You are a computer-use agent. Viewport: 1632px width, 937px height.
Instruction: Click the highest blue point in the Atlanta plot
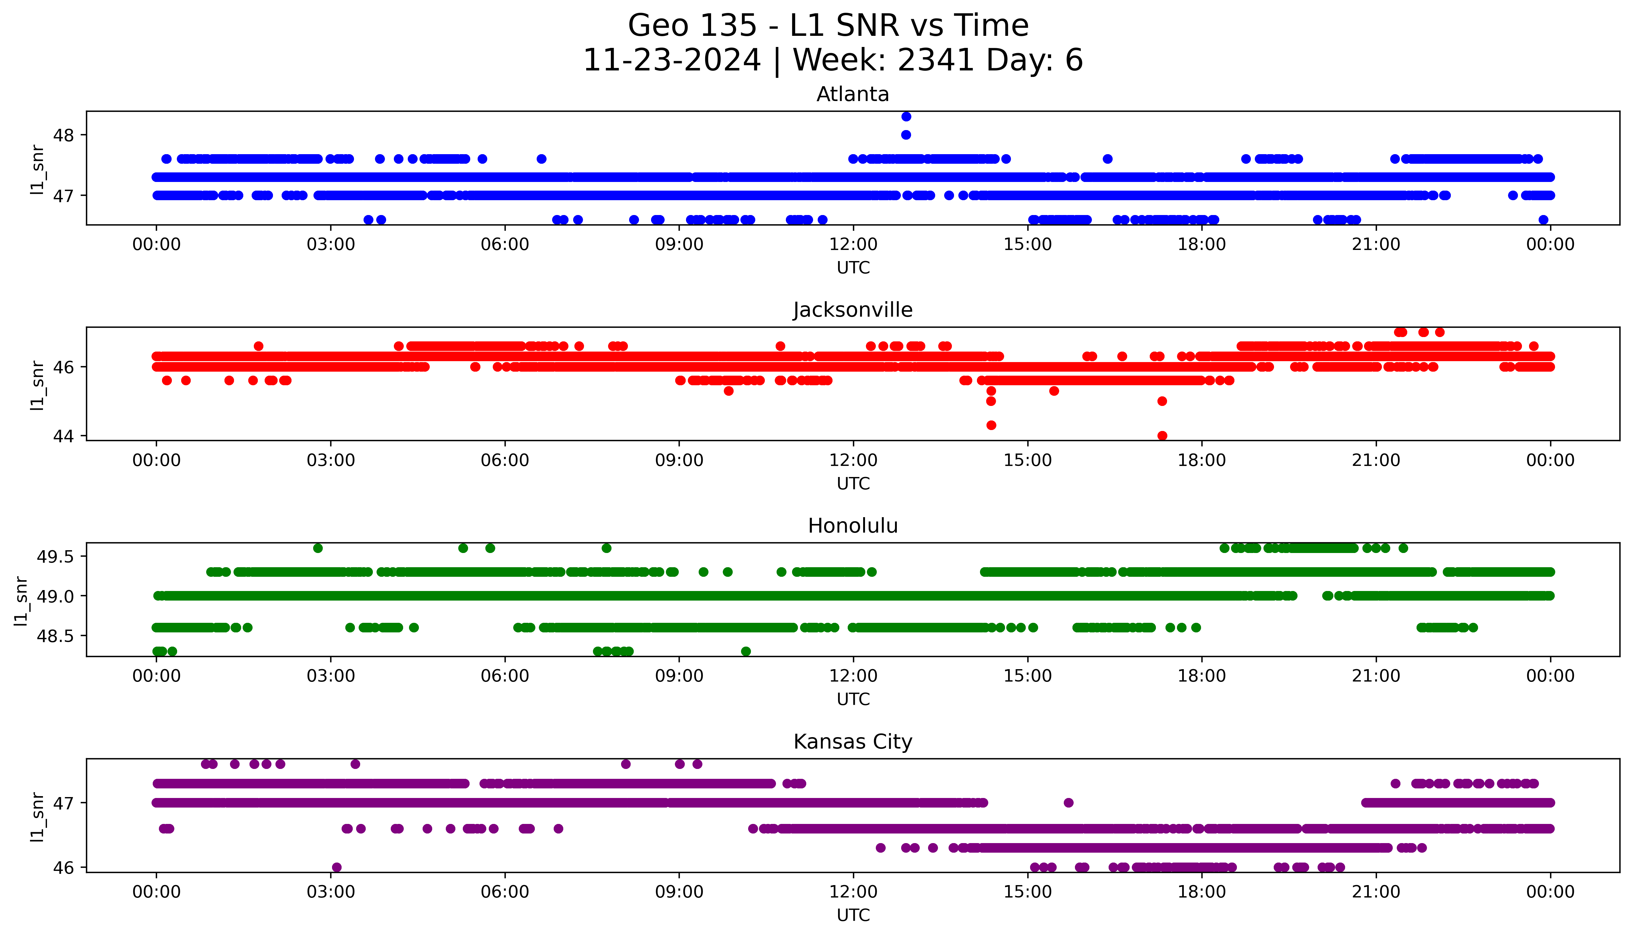(906, 116)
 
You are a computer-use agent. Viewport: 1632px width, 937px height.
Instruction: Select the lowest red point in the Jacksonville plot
(1162, 436)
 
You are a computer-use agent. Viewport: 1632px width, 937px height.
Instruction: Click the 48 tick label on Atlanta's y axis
(64, 135)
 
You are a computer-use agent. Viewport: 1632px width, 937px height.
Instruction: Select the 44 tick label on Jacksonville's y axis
(64, 436)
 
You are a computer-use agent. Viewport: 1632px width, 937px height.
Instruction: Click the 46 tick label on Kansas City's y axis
(64, 867)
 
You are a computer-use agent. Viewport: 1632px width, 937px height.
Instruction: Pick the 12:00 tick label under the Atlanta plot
(853, 245)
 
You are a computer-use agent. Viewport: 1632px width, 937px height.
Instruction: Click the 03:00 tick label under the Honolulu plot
(331, 676)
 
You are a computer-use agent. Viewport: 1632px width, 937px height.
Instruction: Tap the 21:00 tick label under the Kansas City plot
(1376, 892)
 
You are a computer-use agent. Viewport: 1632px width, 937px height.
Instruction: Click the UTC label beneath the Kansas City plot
(853, 914)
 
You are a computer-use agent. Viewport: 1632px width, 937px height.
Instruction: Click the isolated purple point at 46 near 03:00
(336, 867)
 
